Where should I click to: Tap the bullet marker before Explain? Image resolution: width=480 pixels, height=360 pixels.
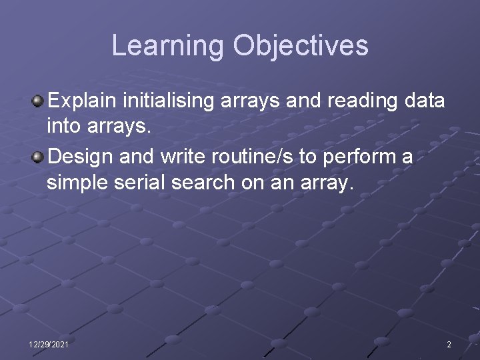tap(39, 101)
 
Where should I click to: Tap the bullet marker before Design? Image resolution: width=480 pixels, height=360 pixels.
tap(39, 158)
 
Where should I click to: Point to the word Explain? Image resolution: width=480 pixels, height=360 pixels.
tap(83, 101)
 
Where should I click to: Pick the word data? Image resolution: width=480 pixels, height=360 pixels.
tap(425, 101)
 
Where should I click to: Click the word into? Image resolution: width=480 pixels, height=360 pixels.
tap(65, 125)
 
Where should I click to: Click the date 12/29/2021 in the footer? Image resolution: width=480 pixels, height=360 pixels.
tap(48, 345)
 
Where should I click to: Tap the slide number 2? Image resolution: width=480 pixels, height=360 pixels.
tap(449, 345)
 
